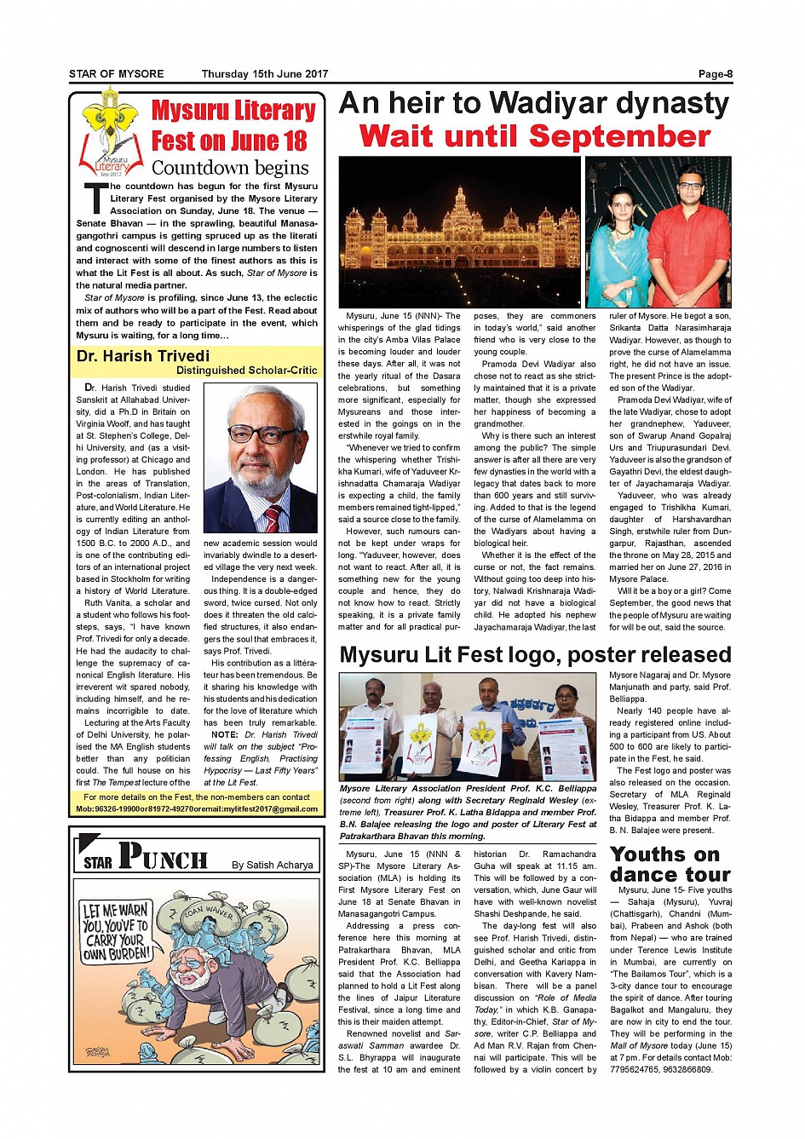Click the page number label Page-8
pos(715,74)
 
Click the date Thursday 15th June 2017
pos(264,74)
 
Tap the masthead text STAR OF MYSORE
pos(116,74)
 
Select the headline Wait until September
pos(534,136)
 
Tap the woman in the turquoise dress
pos(618,251)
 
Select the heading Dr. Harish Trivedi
pos(143,356)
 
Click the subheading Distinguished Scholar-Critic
pos(246,371)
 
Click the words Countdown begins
pos(230,167)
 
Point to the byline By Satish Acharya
pos(273,865)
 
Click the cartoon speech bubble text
pos(116,932)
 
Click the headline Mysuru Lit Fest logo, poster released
pos(535,654)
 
